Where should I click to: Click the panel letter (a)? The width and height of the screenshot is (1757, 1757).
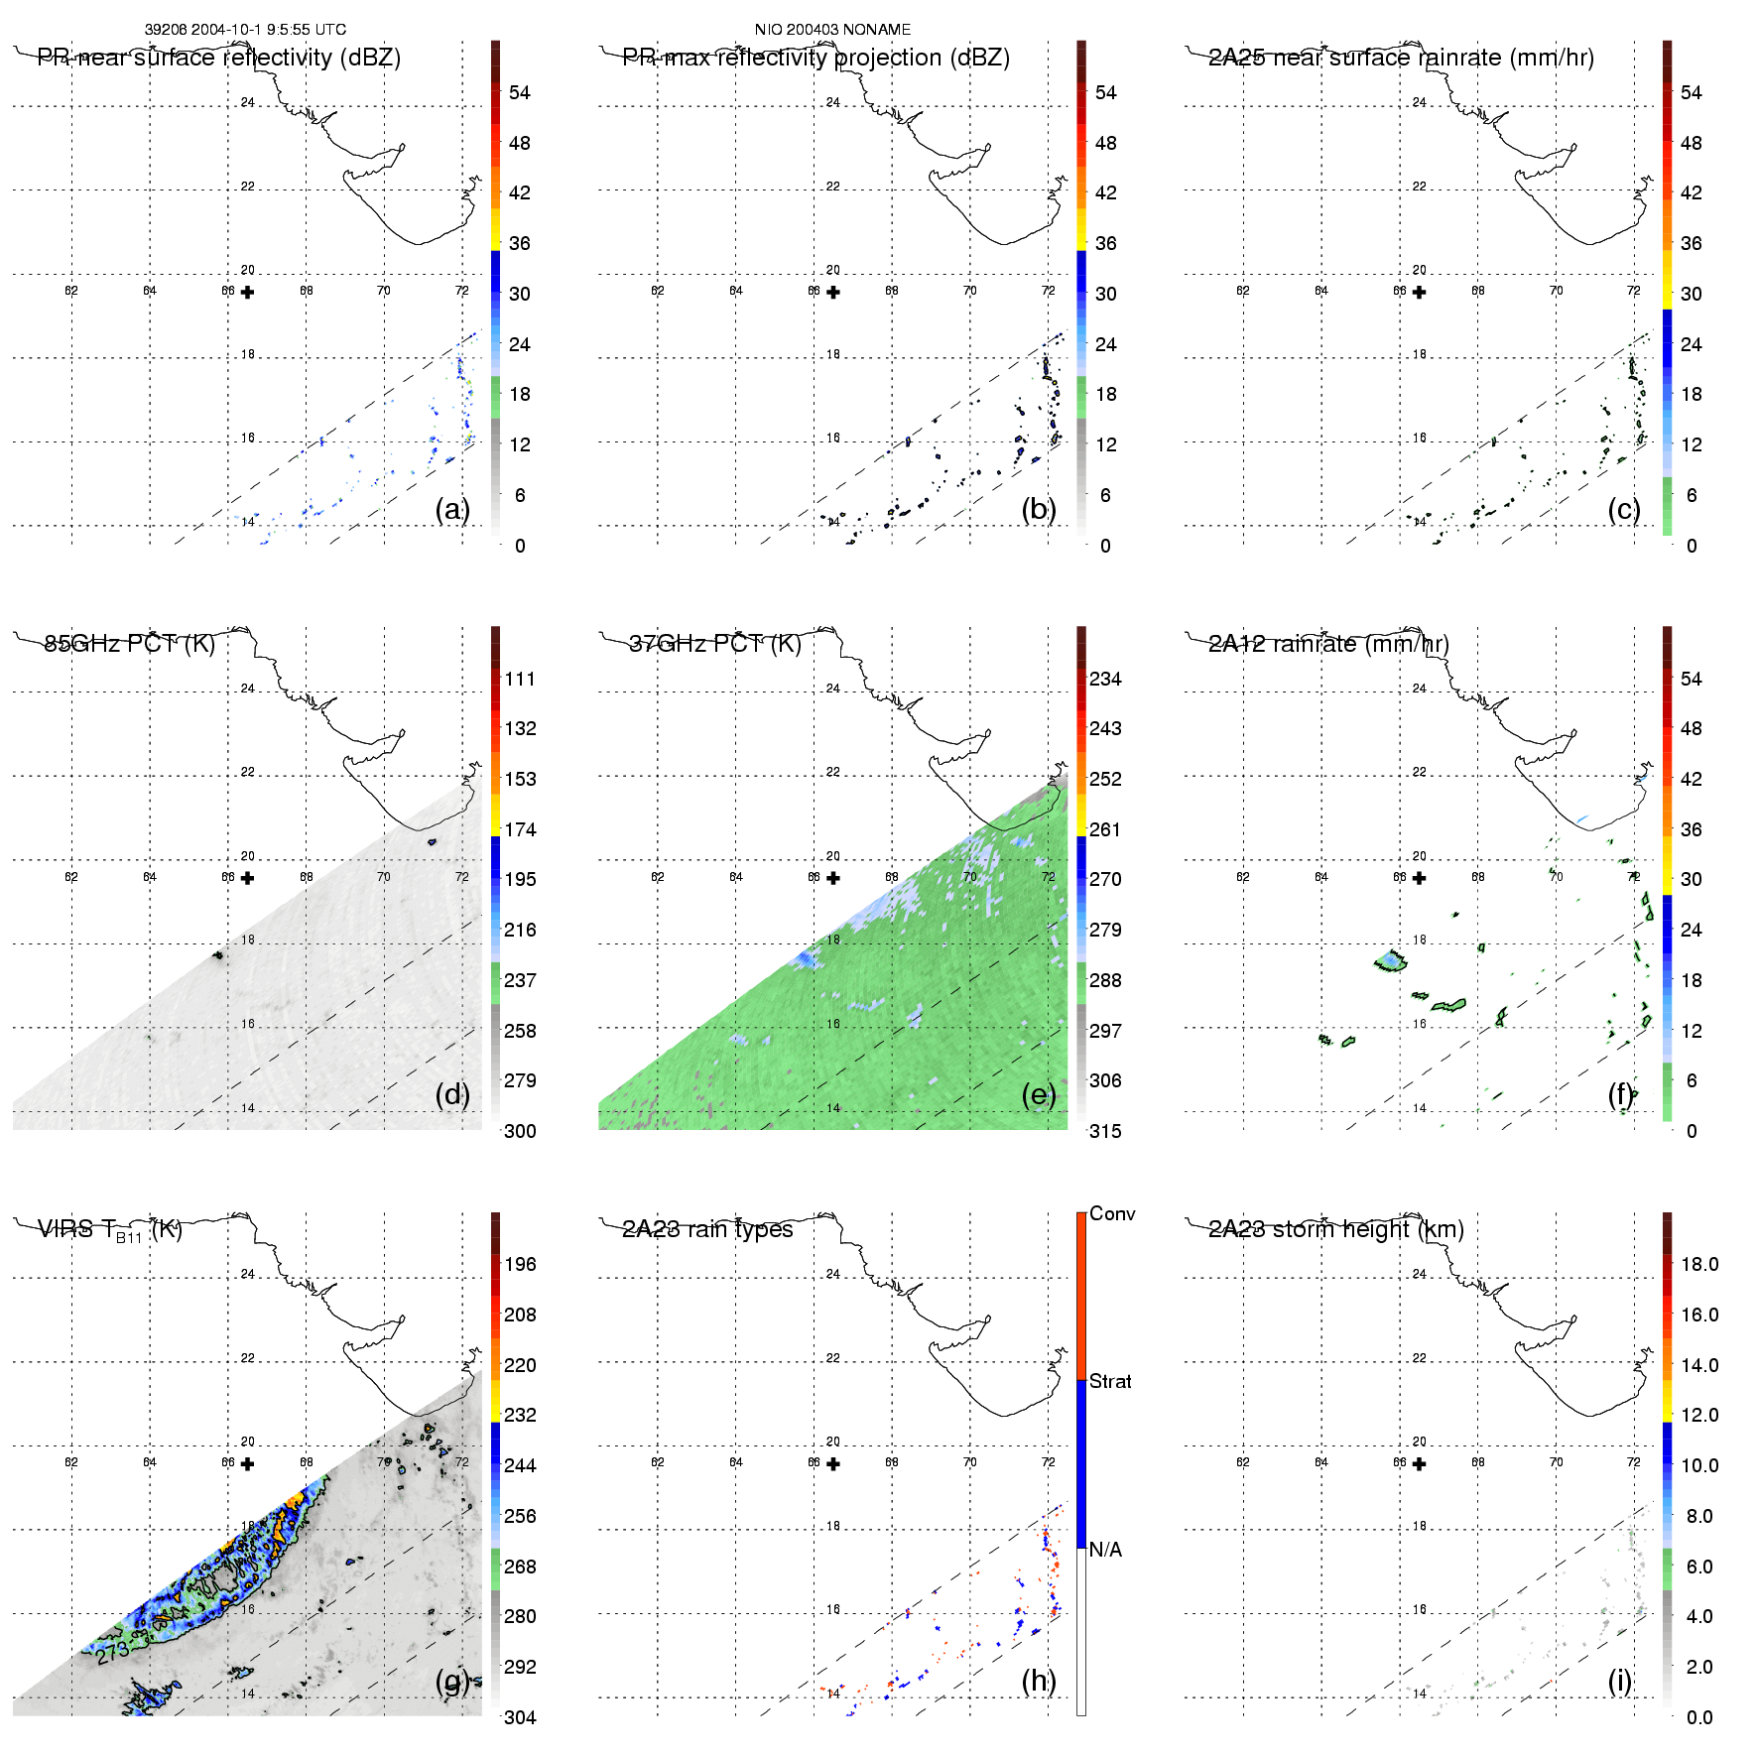pos(451,509)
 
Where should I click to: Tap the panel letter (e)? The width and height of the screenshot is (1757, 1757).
pos(1038,1094)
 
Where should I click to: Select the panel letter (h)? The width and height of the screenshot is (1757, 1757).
pos(1038,1680)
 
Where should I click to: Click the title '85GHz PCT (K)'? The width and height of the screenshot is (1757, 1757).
pos(130,644)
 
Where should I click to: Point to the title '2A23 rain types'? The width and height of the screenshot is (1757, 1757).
pos(707,1229)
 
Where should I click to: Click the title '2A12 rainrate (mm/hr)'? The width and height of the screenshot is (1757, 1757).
pos(1328,644)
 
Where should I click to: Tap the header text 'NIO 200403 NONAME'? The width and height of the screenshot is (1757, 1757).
pos(832,30)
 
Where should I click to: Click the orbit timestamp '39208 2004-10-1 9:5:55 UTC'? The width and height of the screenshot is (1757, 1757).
pos(245,30)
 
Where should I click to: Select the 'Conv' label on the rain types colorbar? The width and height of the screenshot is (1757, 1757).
pos(1112,1213)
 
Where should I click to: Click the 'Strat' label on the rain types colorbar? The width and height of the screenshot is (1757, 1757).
pos(1110,1381)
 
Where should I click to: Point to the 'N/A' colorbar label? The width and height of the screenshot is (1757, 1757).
pos(1105,1550)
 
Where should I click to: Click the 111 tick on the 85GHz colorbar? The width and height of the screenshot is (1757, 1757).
pos(520,679)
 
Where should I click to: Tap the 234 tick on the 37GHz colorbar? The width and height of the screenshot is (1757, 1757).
pos(1105,679)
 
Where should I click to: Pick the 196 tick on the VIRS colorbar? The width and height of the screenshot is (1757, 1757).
pos(520,1264)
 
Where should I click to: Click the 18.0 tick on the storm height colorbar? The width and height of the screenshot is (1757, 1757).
pos(1698,1264)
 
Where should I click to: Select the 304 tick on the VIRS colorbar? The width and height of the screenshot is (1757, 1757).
pos(520,1717)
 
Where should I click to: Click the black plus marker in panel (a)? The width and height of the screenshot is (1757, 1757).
pos(247,293)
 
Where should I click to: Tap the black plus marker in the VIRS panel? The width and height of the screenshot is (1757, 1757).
pos(247,1464)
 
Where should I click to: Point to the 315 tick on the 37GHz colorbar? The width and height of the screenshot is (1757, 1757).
pos(1105,1131)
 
